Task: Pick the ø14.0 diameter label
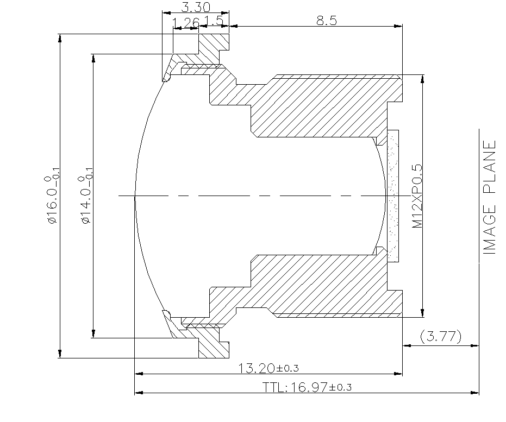[85, 199]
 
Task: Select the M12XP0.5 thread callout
[417, 196]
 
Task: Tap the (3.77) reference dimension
[441, 337]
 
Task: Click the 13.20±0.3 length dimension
[268, 368]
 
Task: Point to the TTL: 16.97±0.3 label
[307, 387]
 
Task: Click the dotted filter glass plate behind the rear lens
[393, 196]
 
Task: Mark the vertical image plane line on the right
[479, 261]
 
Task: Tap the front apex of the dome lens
[135, 196]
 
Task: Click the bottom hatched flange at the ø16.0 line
[214, 348]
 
